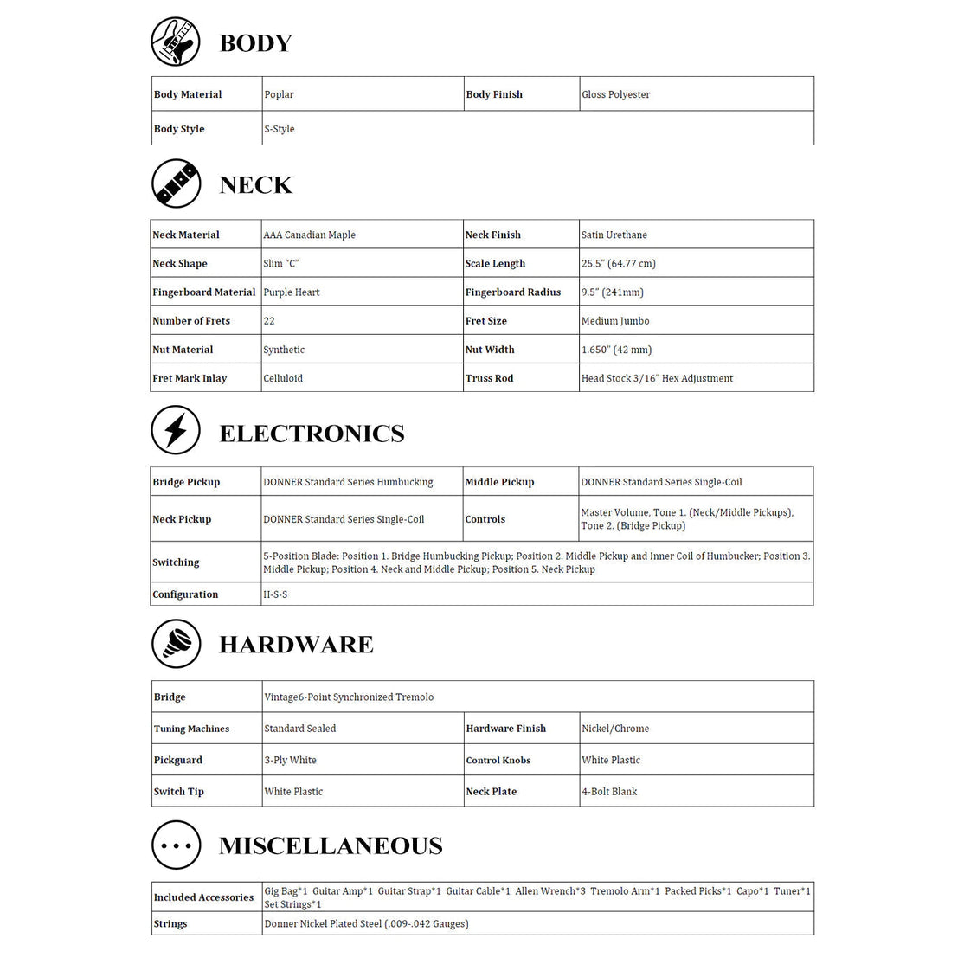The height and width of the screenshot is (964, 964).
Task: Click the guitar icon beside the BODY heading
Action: (176, 42)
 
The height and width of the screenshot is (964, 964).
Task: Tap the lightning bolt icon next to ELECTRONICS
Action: (176, 430)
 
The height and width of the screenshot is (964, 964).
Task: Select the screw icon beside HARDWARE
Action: (176, 644)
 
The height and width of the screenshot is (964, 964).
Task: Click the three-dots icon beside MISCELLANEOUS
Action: (176, 845)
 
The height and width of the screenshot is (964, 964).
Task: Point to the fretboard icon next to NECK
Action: (176, 183)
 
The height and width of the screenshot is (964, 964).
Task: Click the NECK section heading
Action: (255, 184)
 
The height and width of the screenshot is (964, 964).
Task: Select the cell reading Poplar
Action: (280, 94)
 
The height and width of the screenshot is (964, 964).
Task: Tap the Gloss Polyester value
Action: (615, 94)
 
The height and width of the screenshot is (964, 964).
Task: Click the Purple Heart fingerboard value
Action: (292, 292)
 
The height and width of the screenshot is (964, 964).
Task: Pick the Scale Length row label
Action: (495, 264)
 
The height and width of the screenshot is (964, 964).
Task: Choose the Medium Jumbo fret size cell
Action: (615, 321)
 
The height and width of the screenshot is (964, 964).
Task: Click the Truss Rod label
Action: (489, 378)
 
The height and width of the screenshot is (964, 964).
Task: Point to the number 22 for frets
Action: (269, 321)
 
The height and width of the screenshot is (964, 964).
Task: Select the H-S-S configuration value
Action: (275, 594)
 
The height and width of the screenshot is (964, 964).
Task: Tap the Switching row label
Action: (176, 562)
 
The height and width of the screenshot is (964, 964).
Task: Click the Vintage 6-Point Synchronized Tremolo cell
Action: (349, 697)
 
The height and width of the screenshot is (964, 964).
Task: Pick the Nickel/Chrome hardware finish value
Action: (615, 729)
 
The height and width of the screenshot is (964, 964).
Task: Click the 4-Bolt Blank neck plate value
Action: (609, 791)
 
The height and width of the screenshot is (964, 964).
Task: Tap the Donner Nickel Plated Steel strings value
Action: (366, 923)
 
